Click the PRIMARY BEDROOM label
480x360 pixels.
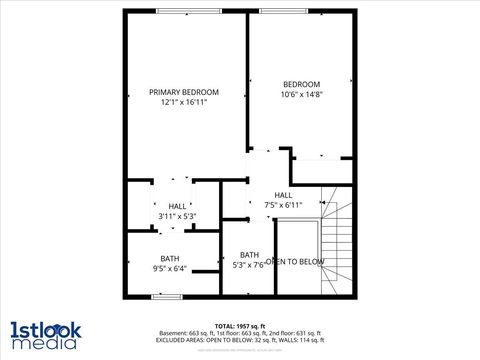tap(183, 92)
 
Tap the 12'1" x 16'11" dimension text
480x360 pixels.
tap(183, 102)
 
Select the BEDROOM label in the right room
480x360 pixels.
tap(301, 84)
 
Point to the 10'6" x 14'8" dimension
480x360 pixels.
tap(301, 94)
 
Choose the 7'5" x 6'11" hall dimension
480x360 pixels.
tap(283, 205)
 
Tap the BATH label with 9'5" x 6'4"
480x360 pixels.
tap(170, 259)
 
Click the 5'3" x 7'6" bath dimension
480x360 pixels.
tap(249, 265)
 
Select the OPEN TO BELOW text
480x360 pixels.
tap(295, 262)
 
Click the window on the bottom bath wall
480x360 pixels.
tap(167, 296)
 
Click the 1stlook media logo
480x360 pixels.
tap(46, 335)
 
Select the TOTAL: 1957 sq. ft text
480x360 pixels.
tap(238, 326)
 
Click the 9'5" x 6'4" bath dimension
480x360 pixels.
tap(170, 269)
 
